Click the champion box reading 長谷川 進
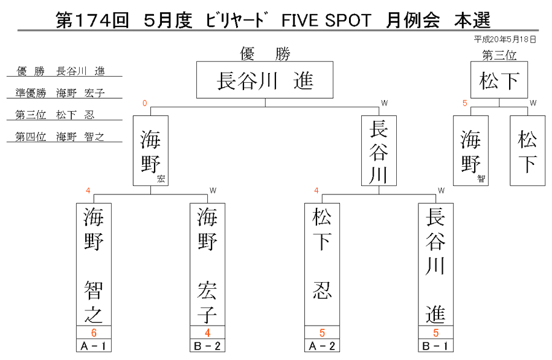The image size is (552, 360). pos(265,80)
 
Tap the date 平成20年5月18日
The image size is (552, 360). pos(505,39)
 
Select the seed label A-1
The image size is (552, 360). pos(94,345)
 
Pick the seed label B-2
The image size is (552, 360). pos(207,345)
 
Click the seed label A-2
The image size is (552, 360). pos(322,345)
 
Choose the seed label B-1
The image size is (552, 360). pos(436,345)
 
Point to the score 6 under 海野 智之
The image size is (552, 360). pos(94,332)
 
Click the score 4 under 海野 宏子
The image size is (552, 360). pos(207,332)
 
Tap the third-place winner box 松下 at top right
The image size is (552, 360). pos(499,80)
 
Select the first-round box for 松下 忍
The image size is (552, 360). pos(322,264)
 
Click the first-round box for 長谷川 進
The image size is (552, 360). pos(436,264)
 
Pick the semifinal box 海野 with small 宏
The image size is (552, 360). pos(151,150)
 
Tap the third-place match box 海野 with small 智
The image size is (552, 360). pos(470,150)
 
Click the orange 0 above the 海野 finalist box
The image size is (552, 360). pos(145,103)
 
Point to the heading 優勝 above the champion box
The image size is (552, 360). pos(265,54)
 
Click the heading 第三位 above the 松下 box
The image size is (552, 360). pos(499,55)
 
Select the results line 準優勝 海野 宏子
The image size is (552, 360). pos(60,93)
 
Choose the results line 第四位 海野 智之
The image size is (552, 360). pos(60,137)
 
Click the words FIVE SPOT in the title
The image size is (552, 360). pos(326,20)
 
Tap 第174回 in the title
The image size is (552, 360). pos(92,20)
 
